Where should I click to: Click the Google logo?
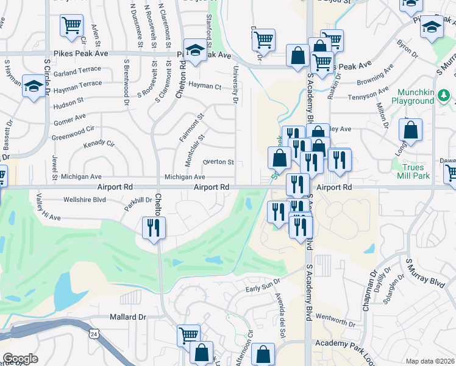point(20,359)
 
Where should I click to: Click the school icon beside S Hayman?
point(32,87)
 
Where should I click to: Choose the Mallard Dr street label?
point(128,317)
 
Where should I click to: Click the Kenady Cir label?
point(99,145)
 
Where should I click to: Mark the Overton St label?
point(218,162)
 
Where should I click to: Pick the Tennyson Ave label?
point(368,94)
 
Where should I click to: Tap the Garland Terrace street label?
point(73,72)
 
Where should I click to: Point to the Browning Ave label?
point(374,78)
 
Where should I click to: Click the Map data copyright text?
point(430,361)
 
